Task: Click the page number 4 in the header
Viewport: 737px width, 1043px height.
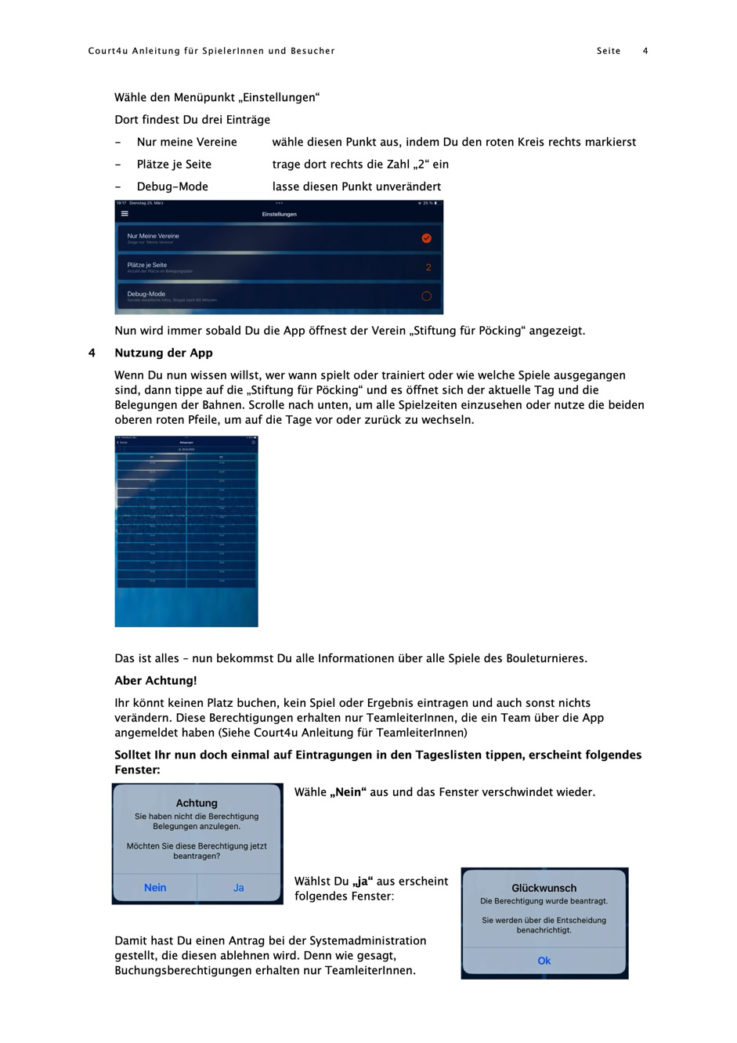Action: [x=645, y=51]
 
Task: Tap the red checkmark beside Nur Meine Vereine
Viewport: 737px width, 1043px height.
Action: [x=426, y=238]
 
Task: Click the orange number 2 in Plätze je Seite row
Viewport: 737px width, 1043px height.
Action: [x=428, y=267]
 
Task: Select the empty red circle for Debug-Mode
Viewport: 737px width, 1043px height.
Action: [x=426, y=296]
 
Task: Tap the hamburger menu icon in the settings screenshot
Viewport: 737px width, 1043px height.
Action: [x=125, y=213]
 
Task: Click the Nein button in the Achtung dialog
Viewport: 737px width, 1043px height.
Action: [x=155, y=888]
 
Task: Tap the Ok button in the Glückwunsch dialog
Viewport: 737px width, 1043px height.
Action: [x=544, y=961]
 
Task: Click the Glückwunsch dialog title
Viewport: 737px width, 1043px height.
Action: [x=544, y=888]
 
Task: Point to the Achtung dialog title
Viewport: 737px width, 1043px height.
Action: [x=197, y=803]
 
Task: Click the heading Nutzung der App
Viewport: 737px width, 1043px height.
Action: [x=164, y=353]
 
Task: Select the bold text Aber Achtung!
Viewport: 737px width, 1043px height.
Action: [x=156, y=680]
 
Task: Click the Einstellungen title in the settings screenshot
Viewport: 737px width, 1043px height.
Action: [x=279, y=214]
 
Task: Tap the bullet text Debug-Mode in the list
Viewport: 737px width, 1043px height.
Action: [x=172, y=187]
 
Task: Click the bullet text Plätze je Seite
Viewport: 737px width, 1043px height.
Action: [x=174, y=165]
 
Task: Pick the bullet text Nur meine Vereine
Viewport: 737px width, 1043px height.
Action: [x=186, y=142]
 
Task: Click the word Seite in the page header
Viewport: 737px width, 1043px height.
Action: [x=609, y=51]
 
